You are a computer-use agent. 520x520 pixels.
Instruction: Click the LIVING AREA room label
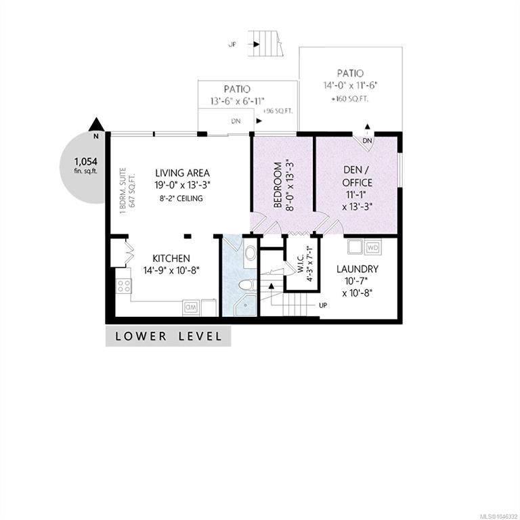pos(182,173)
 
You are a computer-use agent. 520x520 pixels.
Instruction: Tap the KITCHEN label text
pos(171,259)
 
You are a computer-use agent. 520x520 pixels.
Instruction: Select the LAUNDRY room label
pos(357,269)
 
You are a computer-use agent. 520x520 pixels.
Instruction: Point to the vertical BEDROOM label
pos(278,184)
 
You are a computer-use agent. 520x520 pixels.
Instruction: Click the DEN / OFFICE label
pos(357,176)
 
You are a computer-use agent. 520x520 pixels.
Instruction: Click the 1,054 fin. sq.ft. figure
pos(85,165)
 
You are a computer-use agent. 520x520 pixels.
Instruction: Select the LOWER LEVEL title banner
pos(168,337)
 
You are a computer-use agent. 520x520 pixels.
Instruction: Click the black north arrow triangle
pos(97,125)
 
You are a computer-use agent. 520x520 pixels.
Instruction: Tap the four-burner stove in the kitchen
pos(124,286)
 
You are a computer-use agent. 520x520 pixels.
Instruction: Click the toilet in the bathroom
pos(247,285)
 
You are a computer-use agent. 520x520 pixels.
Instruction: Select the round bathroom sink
pos(250,253)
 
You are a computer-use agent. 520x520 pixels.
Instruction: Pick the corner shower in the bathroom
pos(245,305)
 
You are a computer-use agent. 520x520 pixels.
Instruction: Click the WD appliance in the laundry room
pos(373,247)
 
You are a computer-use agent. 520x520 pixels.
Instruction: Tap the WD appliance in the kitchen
pos(191,308)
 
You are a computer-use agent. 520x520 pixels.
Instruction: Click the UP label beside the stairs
pos(323,305)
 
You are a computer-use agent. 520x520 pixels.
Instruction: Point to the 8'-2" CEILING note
pos(181,198)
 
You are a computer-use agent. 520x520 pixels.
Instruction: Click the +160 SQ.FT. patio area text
pos(350,99)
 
